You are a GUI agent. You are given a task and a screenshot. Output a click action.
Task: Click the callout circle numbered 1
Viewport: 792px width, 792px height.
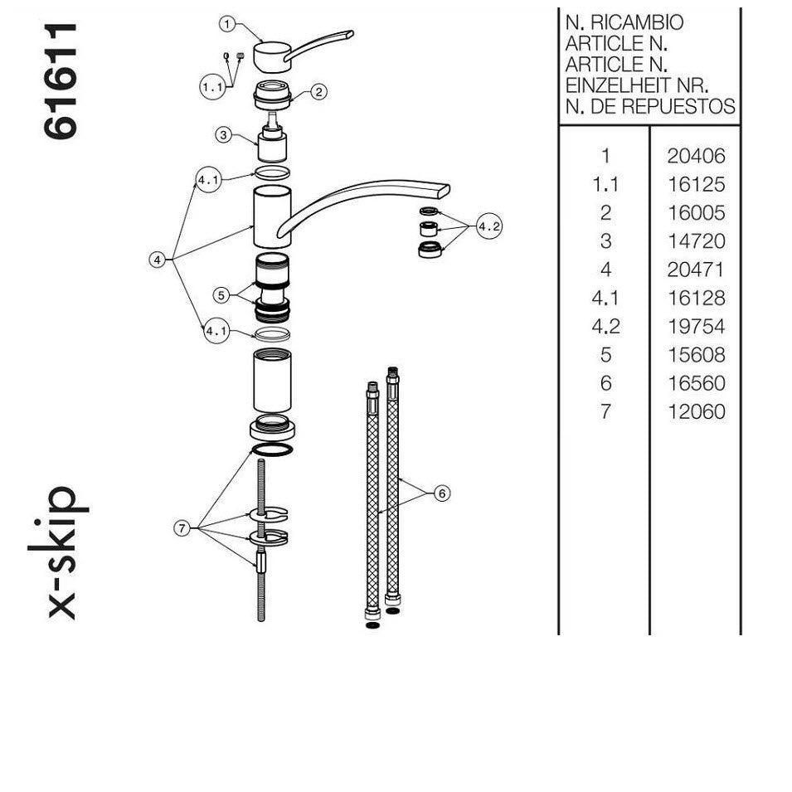(227, 24)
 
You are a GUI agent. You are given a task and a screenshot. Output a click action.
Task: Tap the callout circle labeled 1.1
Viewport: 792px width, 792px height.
(212, 87)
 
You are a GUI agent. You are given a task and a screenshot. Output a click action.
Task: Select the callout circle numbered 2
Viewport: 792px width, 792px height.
(318, 92)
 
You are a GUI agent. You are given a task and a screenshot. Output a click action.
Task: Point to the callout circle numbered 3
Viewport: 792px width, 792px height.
(224, 135)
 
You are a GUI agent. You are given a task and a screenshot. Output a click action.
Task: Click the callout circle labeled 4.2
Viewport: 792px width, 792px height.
(489, 226)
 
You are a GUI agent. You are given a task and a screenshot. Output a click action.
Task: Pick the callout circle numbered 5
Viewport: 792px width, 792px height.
(221, 295)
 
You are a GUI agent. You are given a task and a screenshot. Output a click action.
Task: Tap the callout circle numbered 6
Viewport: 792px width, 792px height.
(442, 493)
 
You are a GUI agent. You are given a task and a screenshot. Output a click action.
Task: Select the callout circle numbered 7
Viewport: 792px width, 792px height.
(182, 528)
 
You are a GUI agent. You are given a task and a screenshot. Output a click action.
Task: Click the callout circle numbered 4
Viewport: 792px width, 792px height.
(158, 260)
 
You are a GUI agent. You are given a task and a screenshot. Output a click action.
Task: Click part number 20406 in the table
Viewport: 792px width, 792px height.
(696, 156)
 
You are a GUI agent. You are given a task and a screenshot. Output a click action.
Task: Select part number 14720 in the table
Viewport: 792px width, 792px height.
(696, 241)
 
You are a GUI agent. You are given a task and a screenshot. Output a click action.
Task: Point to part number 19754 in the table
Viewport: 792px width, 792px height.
(696, 327)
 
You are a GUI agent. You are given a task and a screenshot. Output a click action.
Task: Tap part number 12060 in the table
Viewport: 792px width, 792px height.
(696, 411)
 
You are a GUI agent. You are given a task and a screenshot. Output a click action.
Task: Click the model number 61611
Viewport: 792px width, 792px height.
(61, 80)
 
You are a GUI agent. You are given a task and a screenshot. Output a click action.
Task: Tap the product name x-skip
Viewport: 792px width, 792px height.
(58, 552)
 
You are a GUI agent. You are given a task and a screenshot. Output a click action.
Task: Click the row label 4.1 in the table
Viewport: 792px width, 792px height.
(605, 299)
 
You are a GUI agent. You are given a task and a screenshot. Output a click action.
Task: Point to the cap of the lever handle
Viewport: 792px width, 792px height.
(272, 56)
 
